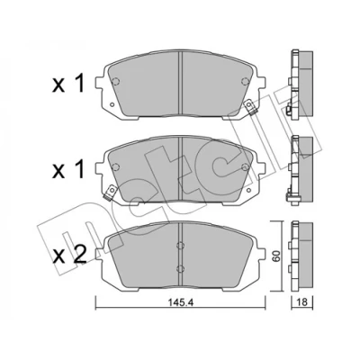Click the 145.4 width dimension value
pyautogui.click(x=180, y=303)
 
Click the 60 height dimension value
pyautogui.click(x=276, y=256)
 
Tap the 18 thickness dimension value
pyautogui.click(x=303, y=302)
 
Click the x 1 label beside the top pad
pyautogui.click(x=68, y=84)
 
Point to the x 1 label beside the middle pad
pyautogui.click(x=68, y=171)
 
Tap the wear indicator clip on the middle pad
pyautogui.click(x=110, y=193)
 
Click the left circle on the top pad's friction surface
pyautogui.click(x=115, y=81)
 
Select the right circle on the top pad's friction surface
pyautogui.click(x=245, y=81)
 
